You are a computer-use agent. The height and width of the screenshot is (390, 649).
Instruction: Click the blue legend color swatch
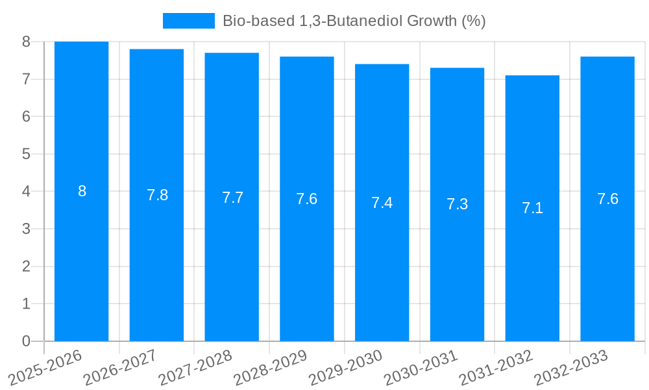[188, 21]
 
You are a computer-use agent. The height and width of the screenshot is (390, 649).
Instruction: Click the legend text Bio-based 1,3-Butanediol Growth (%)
[354, 21]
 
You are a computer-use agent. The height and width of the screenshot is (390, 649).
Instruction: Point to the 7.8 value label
[157, 195]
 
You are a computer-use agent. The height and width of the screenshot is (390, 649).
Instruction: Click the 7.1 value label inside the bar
[532, 208]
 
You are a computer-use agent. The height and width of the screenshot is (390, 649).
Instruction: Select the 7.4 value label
[382, 203]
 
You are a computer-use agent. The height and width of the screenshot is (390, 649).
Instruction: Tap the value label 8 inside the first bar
[82, 191]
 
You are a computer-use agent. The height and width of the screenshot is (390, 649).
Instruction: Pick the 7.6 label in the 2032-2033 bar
[607, 199]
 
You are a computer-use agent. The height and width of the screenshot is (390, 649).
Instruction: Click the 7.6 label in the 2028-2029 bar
[306, 199]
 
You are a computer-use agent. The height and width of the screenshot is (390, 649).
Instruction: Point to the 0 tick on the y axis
[26, 341]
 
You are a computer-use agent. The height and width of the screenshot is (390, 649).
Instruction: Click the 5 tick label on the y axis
[26, 154]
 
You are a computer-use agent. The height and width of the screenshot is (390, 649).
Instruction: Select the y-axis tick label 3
[26, 229]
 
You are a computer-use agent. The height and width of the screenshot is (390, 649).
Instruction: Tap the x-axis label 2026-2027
[120, 368]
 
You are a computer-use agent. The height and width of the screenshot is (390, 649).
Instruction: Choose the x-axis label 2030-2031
[421, 368]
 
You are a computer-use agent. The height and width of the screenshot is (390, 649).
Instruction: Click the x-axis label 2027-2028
[195, 368]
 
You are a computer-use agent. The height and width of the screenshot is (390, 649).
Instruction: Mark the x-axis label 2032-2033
[571, 368]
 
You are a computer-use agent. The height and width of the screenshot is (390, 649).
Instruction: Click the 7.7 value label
[232, 198]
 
